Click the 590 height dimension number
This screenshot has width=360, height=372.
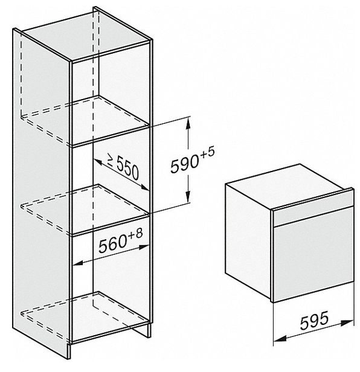coord(185,163)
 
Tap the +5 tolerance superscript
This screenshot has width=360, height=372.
coord(207,152)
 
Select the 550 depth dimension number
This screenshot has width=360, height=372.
coord(127,168)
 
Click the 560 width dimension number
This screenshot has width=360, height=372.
coord(113,244)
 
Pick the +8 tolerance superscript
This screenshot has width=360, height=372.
coord(135,234)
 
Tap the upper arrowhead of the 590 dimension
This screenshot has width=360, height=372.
coord(188,123)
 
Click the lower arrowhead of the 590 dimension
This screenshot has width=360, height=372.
coord(188,197)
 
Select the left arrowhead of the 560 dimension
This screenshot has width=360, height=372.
coord(77,263)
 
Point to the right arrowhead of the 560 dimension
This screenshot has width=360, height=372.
coord(144,247)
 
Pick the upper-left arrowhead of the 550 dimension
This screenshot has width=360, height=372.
coord(97,162)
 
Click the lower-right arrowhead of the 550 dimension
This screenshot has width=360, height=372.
coord(144,187)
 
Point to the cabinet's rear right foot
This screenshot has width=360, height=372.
coord(147,330)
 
